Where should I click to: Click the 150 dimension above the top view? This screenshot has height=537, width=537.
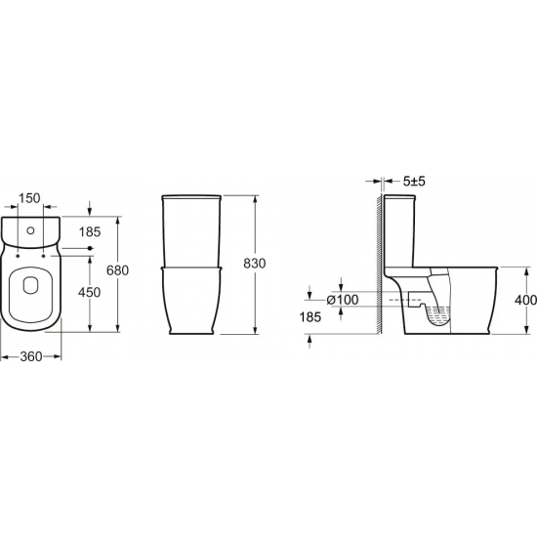pyautogui.click(x=28, y=199)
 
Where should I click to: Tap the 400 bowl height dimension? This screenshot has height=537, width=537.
pyautogui.click(x=523, y=301)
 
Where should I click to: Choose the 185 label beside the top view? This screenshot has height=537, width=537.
pyautogui.click(x=90, y=232)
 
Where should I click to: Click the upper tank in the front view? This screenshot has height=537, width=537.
pyautogui.click(x=193, y=229)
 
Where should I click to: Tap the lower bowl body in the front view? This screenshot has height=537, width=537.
pyautogui.click(x=193, y=298)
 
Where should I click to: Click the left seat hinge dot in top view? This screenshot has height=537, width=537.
pyautogui.click(x=19, y=255)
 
